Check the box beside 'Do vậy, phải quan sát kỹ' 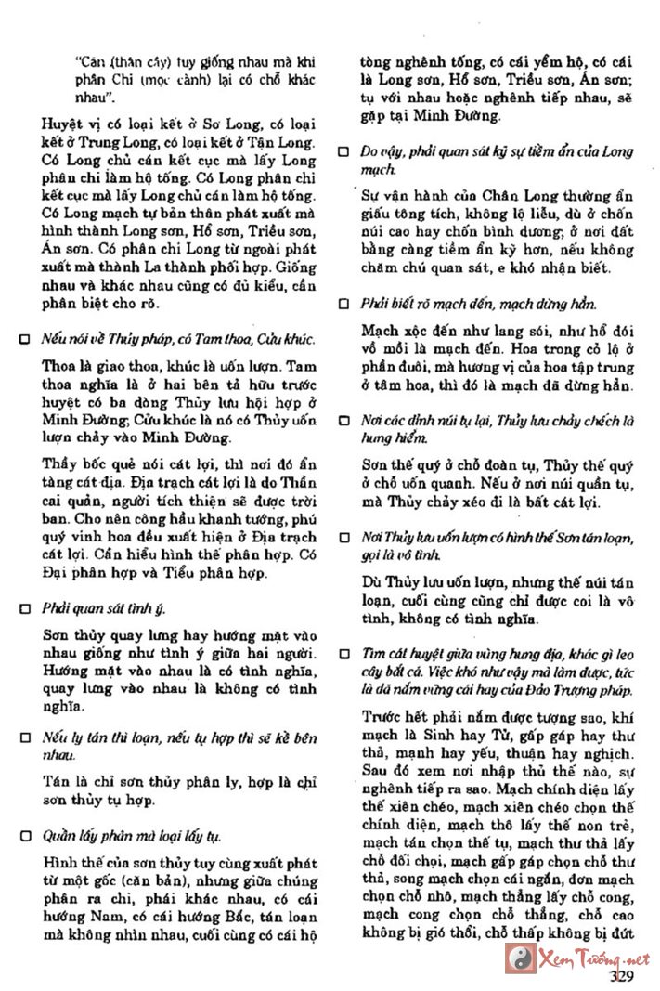[x=343, y=150]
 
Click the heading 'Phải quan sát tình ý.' [x=105, y=609]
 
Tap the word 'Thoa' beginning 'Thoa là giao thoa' [x=59, y=366]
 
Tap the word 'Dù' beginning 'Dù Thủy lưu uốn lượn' [x=372, y=582]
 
